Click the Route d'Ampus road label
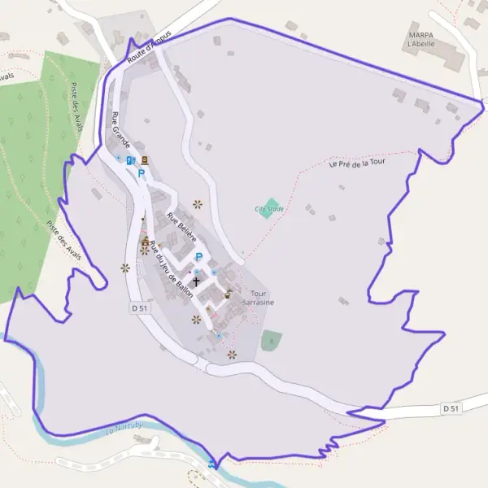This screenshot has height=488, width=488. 150,48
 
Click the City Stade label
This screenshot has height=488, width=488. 268,209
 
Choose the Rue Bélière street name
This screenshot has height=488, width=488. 181,228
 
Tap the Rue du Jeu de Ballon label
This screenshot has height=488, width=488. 177,272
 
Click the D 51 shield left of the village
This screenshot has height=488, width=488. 139,308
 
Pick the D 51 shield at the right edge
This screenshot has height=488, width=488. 452,407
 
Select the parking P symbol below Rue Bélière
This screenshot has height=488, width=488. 198,257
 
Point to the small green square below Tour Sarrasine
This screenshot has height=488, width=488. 271,340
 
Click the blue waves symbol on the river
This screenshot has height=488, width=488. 213,464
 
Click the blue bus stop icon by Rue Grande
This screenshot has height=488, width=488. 129,160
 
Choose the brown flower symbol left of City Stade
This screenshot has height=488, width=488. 197,203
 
